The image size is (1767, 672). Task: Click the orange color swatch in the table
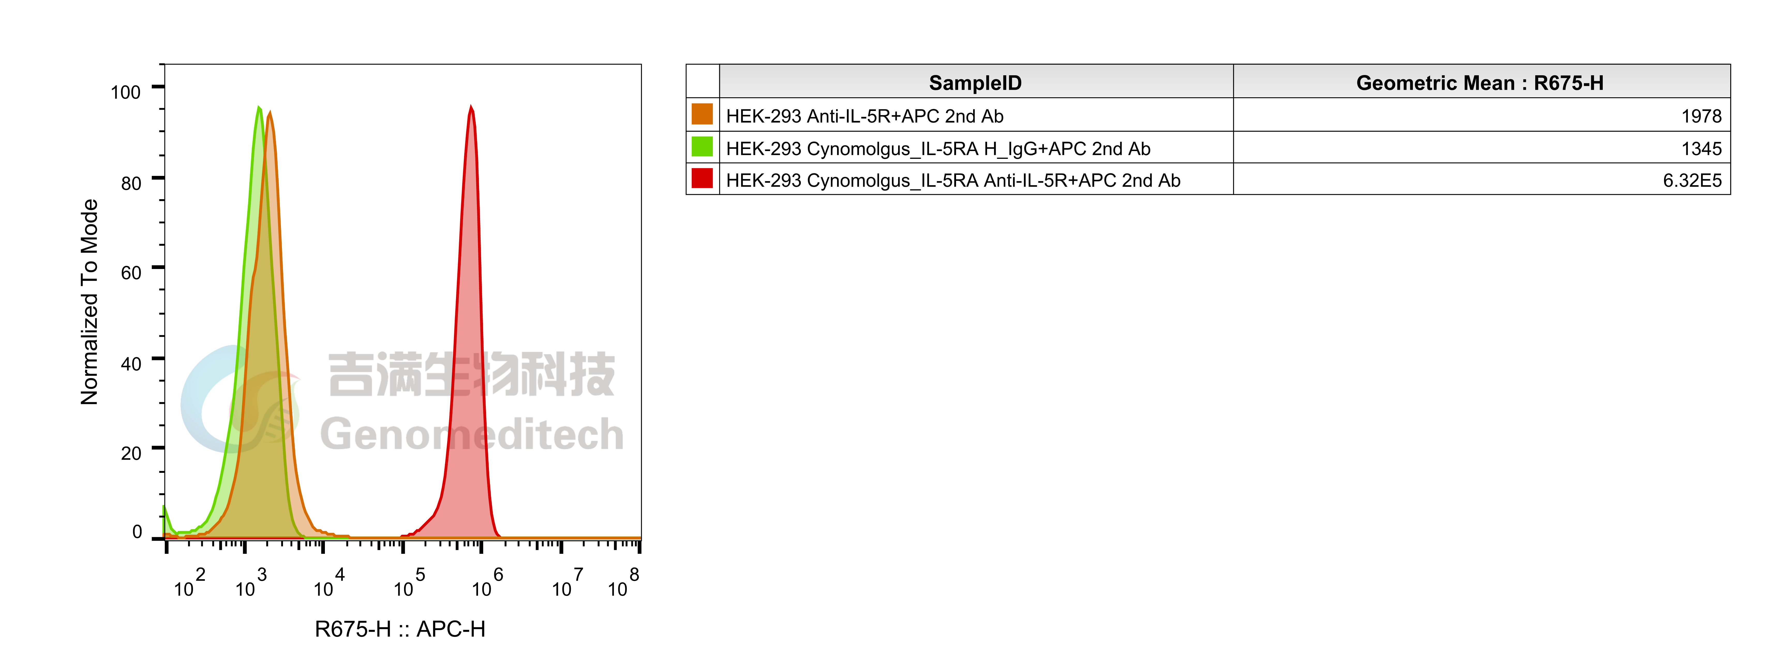(702, 114)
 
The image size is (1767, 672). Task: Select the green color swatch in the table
(702, 146)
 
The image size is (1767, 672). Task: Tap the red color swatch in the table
(702, 178)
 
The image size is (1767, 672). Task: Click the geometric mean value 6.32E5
(1692, 180)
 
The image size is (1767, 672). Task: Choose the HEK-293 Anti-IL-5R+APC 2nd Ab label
(864, 116)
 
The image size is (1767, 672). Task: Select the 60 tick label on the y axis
(131, 273)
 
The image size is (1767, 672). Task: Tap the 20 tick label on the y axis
(131, 453)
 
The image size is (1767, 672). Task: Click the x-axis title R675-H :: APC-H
(400, 629)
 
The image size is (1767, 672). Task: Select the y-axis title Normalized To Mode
(89, 302)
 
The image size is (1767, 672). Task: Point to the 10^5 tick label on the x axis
(409, 583)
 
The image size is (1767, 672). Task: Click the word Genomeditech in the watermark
(472, 435)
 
